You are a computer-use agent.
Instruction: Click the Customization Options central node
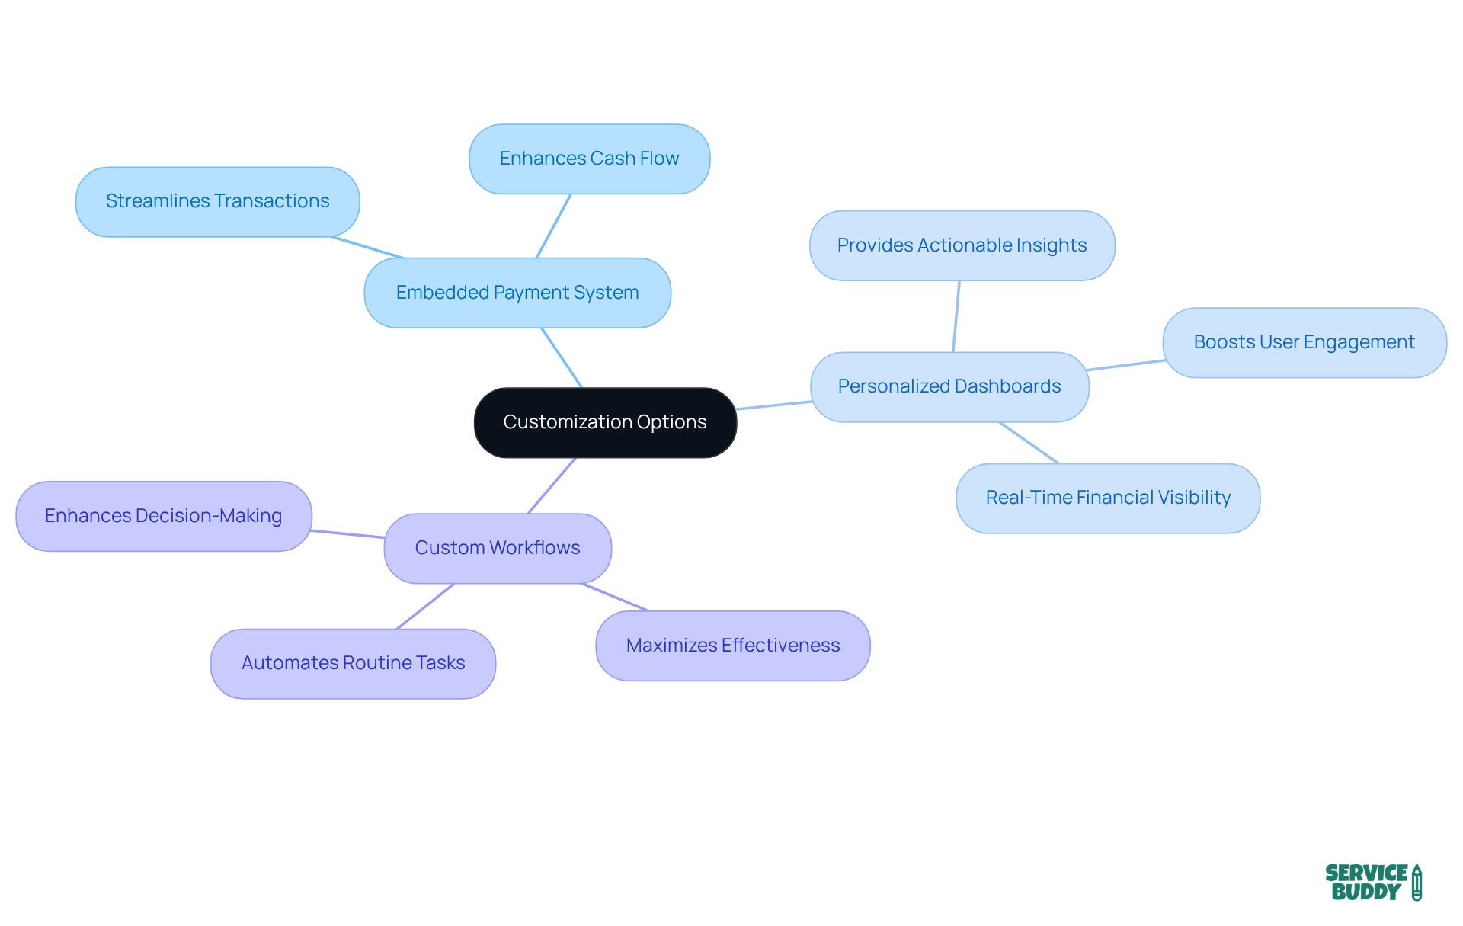(605, 422)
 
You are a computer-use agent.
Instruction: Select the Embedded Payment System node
(517, 293)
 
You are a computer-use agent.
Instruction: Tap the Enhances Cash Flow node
(589, 159)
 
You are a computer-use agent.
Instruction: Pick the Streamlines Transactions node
(217, 201)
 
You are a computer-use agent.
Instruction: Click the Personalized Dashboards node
(949, 386)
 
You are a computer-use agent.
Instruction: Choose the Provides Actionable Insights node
(962, 245)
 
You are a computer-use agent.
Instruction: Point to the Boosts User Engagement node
(1304, 342)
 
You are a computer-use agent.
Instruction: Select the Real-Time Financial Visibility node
(1108, 498)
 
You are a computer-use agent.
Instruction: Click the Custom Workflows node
(498, 548)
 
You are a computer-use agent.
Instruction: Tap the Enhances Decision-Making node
(163, 516)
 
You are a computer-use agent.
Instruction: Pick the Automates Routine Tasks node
(353, 663)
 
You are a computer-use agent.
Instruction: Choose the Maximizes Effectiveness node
(732, 646)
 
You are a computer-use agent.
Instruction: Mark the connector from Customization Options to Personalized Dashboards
(773, 405)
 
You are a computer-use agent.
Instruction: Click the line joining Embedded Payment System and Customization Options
(562, 357)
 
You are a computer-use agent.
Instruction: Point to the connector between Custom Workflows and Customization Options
(552, 485)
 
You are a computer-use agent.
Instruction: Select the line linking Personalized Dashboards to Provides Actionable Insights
(956, 316)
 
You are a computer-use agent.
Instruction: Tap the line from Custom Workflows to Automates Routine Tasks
(425, 607)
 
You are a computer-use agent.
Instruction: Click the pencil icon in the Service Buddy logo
(1417, 882)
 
